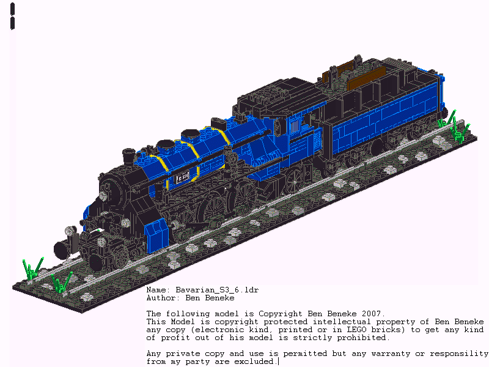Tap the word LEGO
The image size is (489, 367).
coord(345,330)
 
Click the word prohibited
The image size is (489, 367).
coord(362,338)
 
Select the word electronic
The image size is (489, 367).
coord(205,330)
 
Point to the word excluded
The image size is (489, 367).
coord(255,361)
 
